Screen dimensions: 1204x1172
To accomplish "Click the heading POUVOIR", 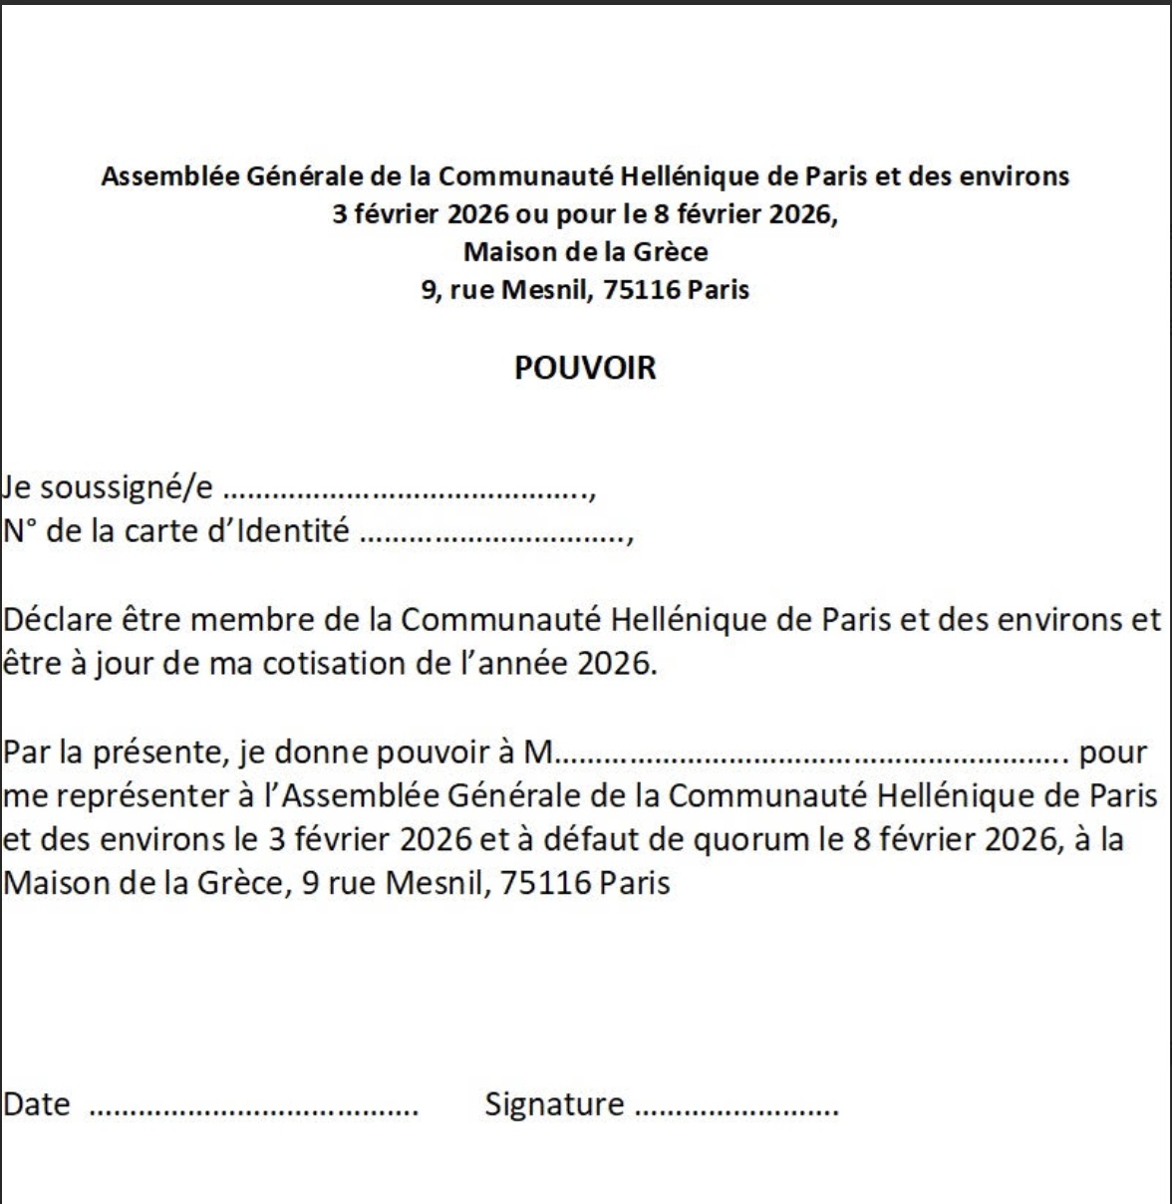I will pyautogui.click(x=585, y=368).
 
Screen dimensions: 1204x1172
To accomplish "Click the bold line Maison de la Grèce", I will pyautogui.click(x=585, y=251).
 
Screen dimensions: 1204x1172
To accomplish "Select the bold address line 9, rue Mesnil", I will pyautogui.click(x=585, y=290).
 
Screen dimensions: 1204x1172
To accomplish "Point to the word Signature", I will pyautogui.click(x=554, y=1104).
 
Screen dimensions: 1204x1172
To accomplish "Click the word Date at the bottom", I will pyautogui.click(x=37, y=1104).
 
